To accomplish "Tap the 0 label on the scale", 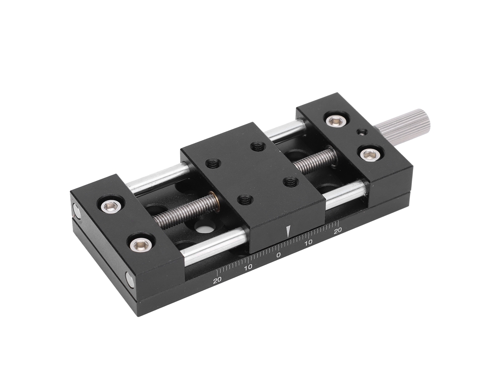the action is pyautogui.click(x=278, y=255).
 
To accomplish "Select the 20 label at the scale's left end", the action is pyautogui.click(x=218, y=281).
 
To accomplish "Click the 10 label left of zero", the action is pyautogui.click(x=248, y=267).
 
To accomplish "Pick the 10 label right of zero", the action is pyautogui.click(x=308, y=243).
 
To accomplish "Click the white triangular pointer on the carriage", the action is pyautogui.click(x=289, y=231).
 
